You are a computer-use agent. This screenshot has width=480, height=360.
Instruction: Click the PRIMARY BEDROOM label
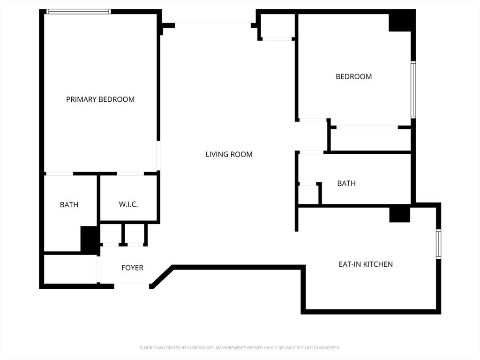click(100, 99)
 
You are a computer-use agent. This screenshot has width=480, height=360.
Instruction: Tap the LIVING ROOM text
click(229, 154)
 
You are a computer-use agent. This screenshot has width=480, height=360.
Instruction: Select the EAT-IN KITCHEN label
click(366, 264)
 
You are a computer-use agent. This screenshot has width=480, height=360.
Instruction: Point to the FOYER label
click(132, 268)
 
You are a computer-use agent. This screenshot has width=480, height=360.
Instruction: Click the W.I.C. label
click(128, 204)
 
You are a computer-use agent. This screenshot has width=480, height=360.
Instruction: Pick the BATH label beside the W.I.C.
click(69, 205)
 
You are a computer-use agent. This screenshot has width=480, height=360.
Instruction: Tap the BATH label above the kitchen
click(346, 183)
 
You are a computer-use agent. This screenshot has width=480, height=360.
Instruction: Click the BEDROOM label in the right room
click(354, 76)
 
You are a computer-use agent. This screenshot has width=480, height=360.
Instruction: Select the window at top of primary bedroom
click(79, 12)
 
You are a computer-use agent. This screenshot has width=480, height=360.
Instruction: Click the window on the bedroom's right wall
click(413, 90)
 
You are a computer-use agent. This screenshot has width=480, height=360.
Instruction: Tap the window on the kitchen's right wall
click(438, 244)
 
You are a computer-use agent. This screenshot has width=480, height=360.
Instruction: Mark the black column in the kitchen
click(399, 215)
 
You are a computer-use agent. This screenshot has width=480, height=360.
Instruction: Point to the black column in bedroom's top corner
click(400, 22)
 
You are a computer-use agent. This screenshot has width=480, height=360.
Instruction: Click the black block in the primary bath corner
click(90, 240)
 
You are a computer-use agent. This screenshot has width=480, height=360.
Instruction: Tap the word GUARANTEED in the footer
click(328, 348)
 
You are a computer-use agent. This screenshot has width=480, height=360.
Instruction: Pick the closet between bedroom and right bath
click(370, 139)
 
